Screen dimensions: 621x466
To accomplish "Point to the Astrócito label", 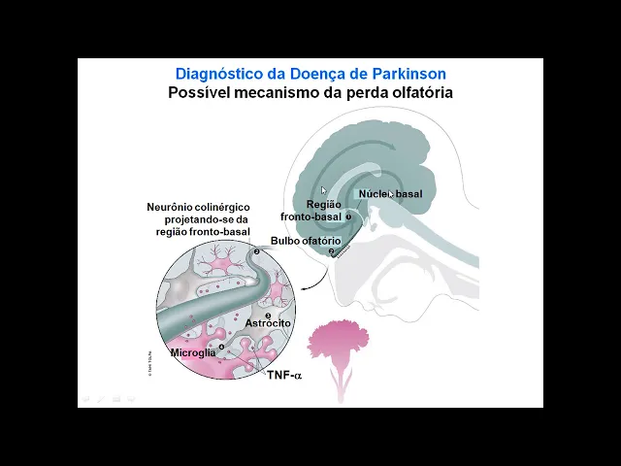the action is [x=268, y=323].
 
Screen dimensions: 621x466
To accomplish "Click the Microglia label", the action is [x=193, y=352].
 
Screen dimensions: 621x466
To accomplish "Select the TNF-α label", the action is [x=284, y=375].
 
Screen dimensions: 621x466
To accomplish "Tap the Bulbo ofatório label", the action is [x=305, y=241].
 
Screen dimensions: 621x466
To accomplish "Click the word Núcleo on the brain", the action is [x=375, y=194].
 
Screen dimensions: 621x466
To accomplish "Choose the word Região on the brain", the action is [x=324, y=205].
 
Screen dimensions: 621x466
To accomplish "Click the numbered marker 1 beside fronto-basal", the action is [x=348, y=217].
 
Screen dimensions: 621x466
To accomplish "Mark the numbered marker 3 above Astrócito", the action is [x=268, y=315].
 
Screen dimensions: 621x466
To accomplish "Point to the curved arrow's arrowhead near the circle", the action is [x=302, y=287].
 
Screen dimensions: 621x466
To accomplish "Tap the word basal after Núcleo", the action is [x=409, y=194].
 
